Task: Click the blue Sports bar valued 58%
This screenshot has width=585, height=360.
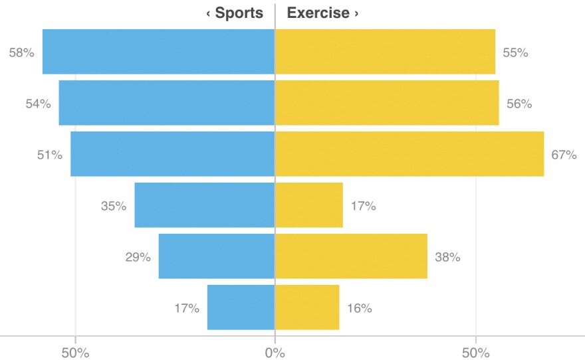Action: pyautogui.click(x=158, y=52)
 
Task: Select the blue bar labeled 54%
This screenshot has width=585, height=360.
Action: pyautogui.click(x=166, y=103)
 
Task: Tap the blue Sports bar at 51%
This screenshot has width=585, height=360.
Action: pyautogui.click(x=172, y=154)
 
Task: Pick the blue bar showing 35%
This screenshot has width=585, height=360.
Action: pyautogui.click(x=204, y=205)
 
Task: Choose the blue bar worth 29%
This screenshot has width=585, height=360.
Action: pyautogui.click(x=216, y=256)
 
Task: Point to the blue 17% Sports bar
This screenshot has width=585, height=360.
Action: pyautogui.click(x=241, y=308)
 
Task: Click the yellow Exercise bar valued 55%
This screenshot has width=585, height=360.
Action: pyautogui.click(x=385, y=52)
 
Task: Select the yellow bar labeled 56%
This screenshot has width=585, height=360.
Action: pyautogui.click(x=387, y=103)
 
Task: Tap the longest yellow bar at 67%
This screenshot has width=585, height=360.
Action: pyautogui.click(x=409, y=154)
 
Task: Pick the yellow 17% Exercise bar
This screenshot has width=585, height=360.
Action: pyautogui.click(x=309, y=205)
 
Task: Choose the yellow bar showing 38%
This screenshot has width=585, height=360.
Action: pyautogui.click(x=351, y=256)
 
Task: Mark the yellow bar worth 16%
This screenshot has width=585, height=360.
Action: pyautogui.click(x=307, y=308)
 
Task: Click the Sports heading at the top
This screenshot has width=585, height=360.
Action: pyautogui.click(x=235, y=13)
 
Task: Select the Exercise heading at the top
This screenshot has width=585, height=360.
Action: pyautogui.click(x=322, y=13)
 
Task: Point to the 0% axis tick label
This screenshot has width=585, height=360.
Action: pyautogui.click(x=275, y=352)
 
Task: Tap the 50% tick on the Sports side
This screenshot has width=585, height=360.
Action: pyautogui.click(x=75, y=352)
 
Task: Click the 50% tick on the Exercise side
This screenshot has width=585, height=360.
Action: pyautogui.click(x=475, y=352)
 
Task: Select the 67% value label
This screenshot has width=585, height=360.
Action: pyautogui.click(x=564, y=155)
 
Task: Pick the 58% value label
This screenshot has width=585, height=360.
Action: pyautogui.click(x=21, y=52)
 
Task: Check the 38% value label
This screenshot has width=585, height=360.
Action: pyautogui.click(x=447, y=257)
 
